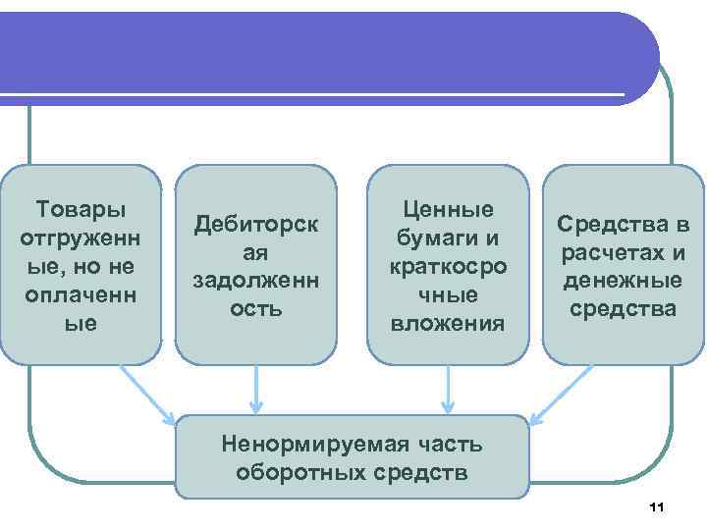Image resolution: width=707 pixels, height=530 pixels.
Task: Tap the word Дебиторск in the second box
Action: point(256,223)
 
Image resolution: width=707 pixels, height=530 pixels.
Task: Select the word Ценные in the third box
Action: point(448,209)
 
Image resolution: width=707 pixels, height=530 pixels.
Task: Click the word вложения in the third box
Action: point(448,323)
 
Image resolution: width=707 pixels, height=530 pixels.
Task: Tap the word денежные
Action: point(624,281)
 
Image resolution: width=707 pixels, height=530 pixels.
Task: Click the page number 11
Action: point(657,506)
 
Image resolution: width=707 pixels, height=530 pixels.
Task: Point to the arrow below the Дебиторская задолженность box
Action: point(256,389)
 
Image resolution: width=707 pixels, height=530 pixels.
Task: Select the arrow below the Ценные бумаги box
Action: point(448,389)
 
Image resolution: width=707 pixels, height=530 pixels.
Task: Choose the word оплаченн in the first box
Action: point(81,294)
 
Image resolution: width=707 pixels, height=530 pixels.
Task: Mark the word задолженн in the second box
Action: point(256,280)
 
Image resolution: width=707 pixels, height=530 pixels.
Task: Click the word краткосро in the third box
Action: point(448,266)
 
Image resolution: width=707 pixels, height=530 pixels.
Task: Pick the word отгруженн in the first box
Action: point(81,238)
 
